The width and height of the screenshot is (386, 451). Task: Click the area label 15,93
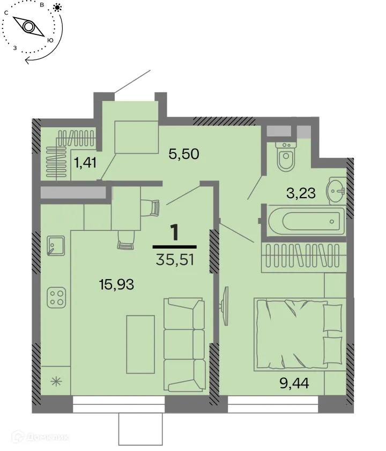point(116,284)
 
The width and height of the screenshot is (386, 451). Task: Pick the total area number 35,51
point(174,260)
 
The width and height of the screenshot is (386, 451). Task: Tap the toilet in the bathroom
point(285,156)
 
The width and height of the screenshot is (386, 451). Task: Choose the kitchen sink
point(55,246)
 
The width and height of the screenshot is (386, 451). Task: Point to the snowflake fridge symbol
point(55,382)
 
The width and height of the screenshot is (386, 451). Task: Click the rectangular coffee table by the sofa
point(140,344)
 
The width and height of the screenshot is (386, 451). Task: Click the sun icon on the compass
point(57,8)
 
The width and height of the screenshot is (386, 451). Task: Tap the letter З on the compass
point(16,48)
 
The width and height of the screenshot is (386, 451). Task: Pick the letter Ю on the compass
point(50,40)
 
